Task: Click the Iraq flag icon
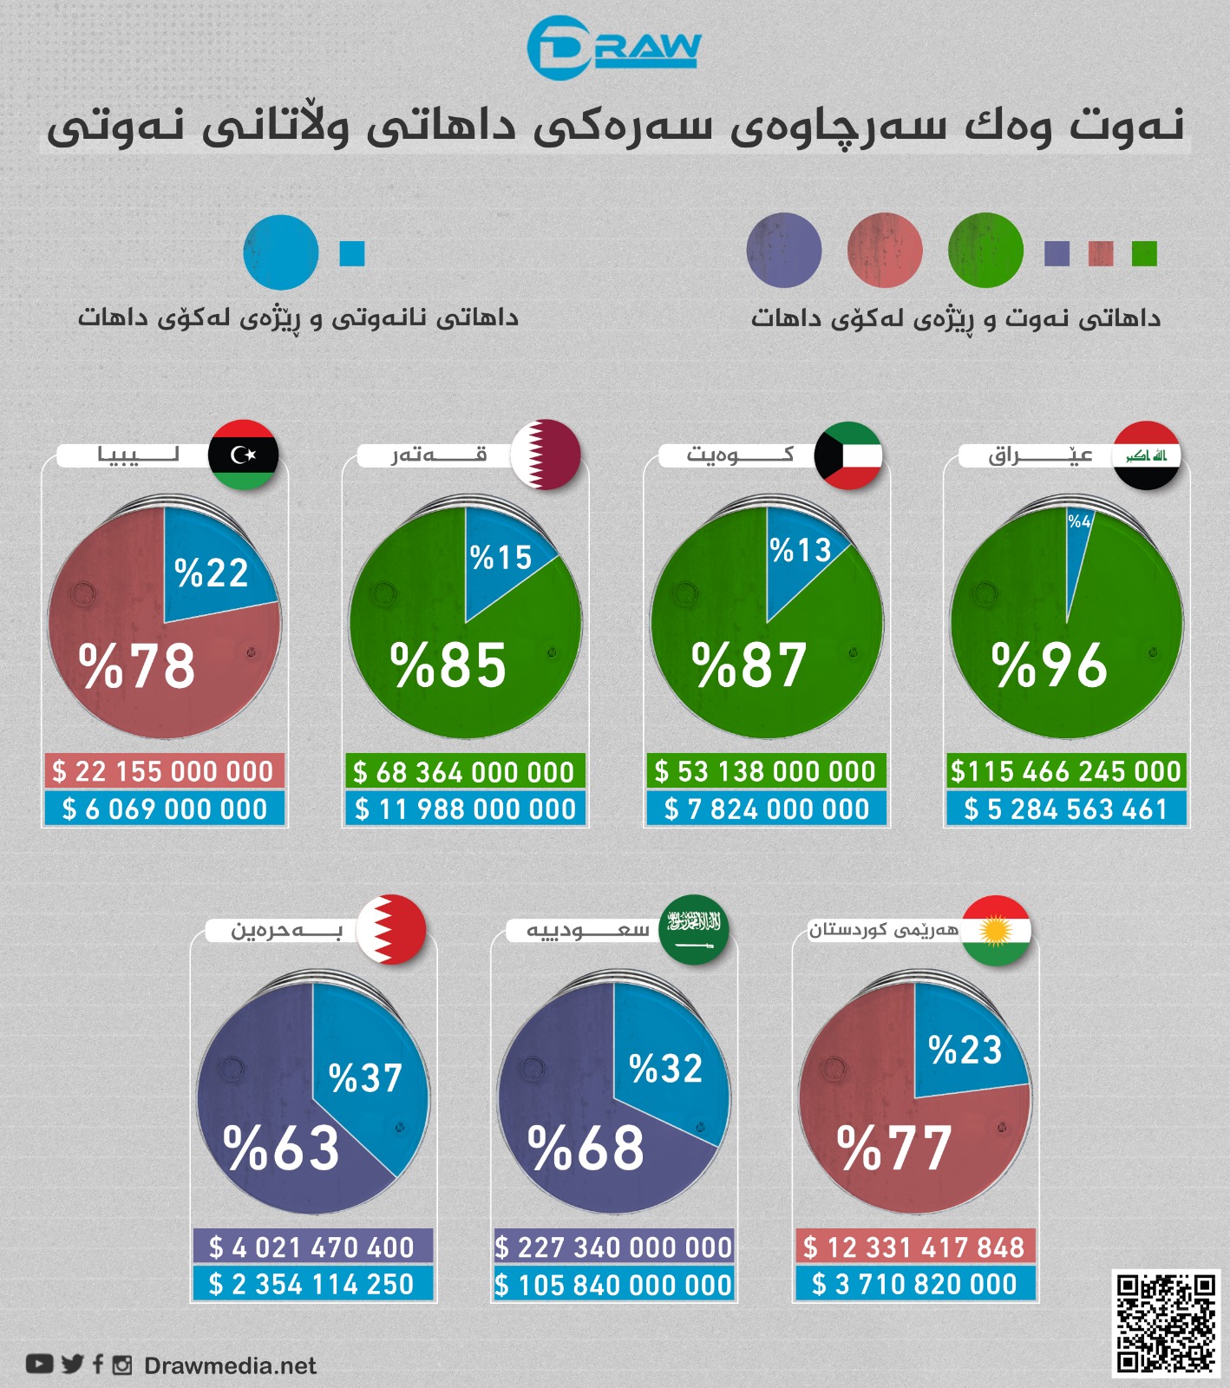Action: [1147, 455]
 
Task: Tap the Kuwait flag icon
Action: [847, 455]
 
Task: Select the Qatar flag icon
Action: [546, 455]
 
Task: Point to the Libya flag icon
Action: [244, 455]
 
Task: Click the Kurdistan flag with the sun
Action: [997, 930]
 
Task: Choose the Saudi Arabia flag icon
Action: [694, 929]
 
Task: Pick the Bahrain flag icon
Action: [392, 929]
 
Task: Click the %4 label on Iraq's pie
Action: [1079, 521]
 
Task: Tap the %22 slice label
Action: [212, 573]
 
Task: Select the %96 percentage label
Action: [1050, 666]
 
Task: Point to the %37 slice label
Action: [365, 1078]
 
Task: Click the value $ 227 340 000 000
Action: [614, 1247]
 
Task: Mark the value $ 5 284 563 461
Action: [1066, 809]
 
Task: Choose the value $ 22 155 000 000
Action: [164, 771]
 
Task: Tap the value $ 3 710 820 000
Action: [914, 1284]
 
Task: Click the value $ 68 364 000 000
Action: [464, 771]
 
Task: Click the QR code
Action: [1165, 1323]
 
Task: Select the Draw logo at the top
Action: [613, 47]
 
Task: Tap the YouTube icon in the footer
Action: [39, 1365]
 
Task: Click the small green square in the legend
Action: [1144, 253]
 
